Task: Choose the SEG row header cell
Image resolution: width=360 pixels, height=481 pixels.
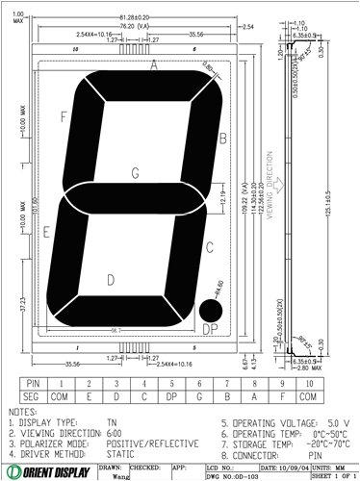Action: [x=33, y=394]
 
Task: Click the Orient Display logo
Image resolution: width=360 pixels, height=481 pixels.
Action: [x=48, y=470]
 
